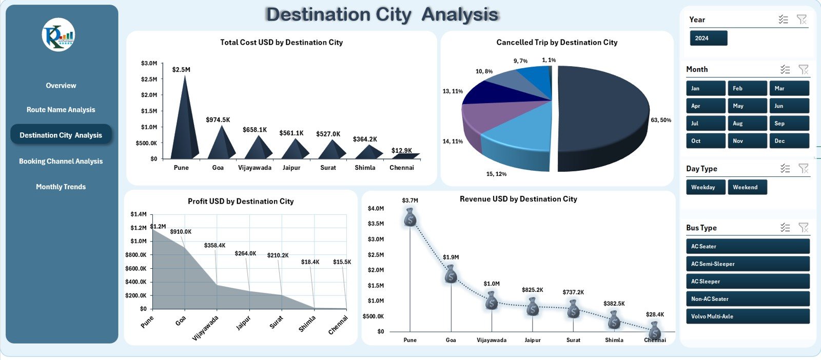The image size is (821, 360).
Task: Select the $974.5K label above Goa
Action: [218, 119]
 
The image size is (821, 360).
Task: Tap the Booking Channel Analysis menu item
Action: [61, 161]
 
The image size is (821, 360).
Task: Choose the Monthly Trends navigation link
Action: [61, 187]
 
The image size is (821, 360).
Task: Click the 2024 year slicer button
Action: [708, 38]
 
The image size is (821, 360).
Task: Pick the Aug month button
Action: [747, 123]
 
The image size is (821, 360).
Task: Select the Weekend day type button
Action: [747, 187]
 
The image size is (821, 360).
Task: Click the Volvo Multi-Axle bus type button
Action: [747, 316]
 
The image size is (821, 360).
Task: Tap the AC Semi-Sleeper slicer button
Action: [747, 264]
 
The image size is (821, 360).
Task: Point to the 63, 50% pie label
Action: [660, 120]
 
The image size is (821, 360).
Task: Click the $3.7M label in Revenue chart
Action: [409, 201]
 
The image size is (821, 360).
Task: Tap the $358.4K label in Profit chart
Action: [214, 245]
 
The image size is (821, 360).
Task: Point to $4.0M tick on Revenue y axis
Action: [376, 208]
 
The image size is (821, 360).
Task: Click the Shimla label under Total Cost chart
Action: [365, 168]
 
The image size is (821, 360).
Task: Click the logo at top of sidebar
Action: [58, 35]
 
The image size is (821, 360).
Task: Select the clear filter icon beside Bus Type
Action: [803, 227]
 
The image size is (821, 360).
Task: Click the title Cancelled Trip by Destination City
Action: [557, 42]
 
